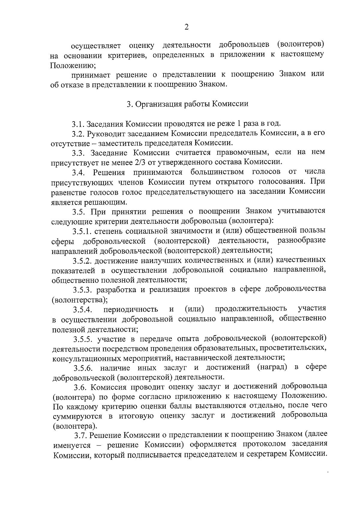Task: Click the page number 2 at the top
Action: pos(186,27)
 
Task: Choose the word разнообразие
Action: pos(301,241)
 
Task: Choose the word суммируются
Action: pos(77,417)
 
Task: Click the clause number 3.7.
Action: pos(81,436)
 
